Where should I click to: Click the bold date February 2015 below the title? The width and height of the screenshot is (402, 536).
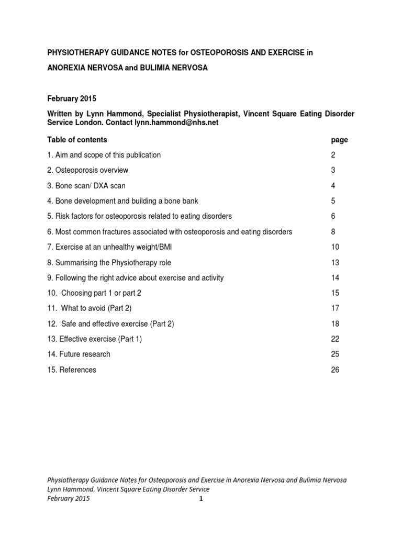pos(72,98)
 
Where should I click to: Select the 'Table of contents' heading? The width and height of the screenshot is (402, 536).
pos(77,140)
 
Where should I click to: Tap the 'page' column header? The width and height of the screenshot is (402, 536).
pos(340,140)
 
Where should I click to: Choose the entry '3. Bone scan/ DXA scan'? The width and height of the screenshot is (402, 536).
pos(86,186)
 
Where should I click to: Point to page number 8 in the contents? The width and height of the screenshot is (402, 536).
pos(333,231)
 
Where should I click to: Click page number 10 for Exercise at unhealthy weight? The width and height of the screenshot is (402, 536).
pos(335,247)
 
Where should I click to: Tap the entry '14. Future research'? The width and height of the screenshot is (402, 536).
pos(79,354)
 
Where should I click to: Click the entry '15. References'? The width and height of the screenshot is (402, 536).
pos(72,370)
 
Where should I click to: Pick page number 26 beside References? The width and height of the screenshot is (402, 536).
pos(335,370)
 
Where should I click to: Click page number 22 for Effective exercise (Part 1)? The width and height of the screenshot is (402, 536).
pos(335,339)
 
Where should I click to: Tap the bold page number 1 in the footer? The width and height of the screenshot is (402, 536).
pos(200,499)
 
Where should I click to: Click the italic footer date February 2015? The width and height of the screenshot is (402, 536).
pos(69,498)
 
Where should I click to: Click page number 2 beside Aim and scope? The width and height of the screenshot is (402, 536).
pos(333,155)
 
